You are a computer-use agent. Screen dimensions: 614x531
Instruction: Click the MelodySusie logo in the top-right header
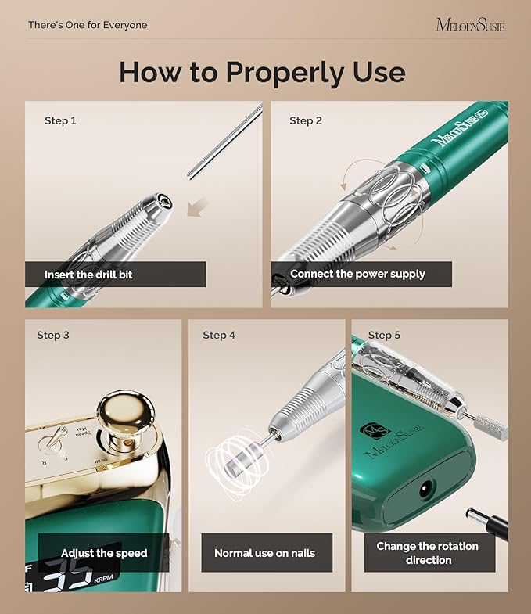[469, 25]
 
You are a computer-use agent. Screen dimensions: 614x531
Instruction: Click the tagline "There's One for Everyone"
[88, 25]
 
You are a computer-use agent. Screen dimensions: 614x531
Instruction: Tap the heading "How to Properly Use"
[262, 72]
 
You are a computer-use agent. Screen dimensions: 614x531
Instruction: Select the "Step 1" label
[60, 120]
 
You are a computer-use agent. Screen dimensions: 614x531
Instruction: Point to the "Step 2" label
[306, 120]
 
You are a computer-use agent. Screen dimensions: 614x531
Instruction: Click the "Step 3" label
[53, 335]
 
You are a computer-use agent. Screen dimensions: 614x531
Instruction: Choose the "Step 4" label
[219, 335]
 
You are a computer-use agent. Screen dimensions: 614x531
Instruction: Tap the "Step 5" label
[384, 335]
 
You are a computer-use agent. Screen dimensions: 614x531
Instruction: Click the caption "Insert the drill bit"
[88, 275]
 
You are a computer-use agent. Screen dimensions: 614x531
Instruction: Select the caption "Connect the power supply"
[357, 274]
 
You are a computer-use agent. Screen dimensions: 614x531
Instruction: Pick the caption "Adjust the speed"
[104, 553]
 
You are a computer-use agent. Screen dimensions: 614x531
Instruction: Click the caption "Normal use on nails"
[264, 553]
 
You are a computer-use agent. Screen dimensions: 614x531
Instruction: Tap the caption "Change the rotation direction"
[429, 552]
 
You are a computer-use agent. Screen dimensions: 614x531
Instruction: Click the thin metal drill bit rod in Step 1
[225, 141]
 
